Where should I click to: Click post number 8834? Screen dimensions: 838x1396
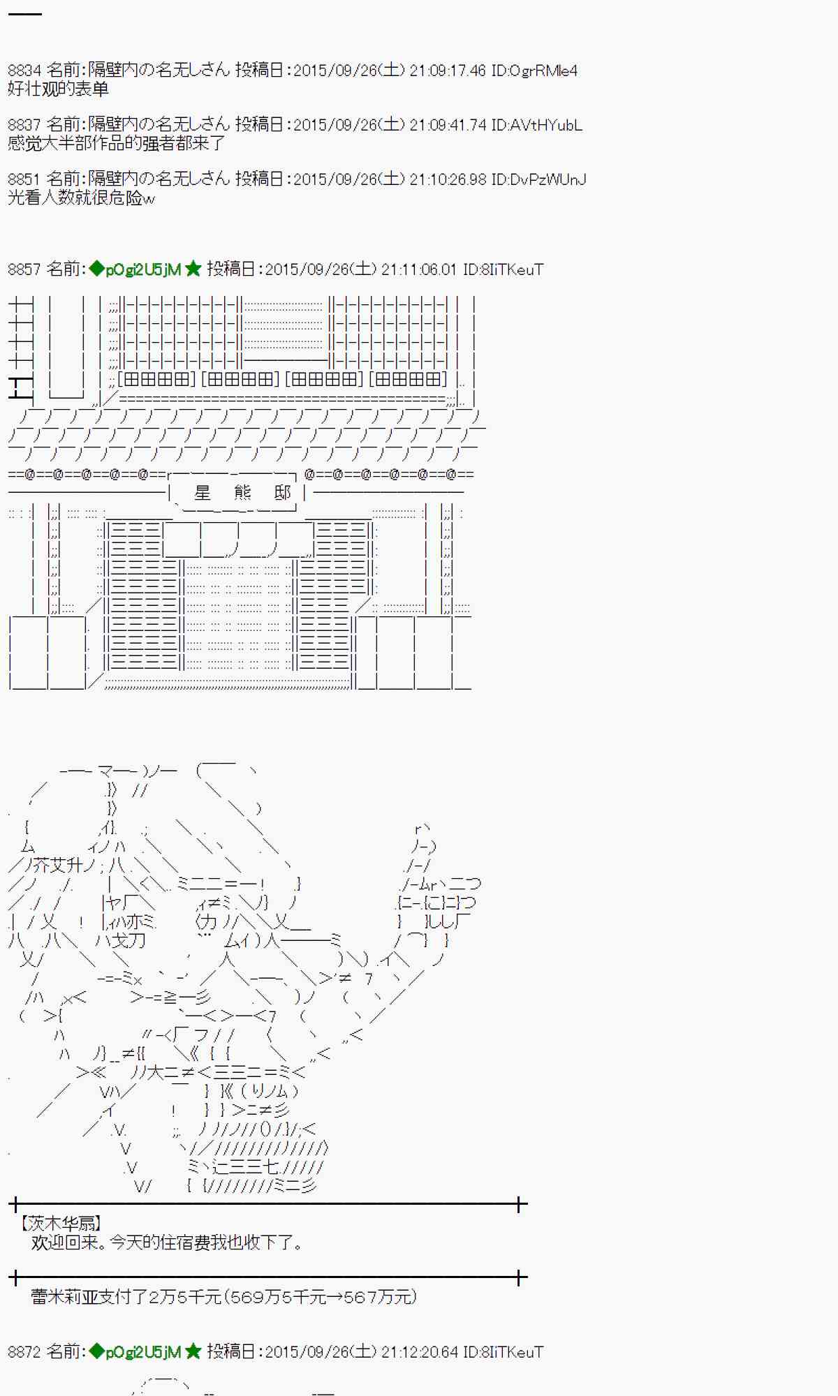click(24, 70)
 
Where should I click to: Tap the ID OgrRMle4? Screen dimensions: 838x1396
click(534, 70)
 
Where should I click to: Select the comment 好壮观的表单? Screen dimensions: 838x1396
click(58, 89)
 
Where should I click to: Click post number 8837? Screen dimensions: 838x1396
click(24, 125)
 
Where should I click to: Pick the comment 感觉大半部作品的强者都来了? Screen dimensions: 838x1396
click(117, 144)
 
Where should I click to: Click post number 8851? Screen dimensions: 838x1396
click(24, 179)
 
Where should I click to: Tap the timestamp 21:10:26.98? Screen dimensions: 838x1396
click(447, 179)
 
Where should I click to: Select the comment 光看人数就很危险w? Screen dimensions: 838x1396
click(81, 198)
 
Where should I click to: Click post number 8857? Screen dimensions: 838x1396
click(24, 269)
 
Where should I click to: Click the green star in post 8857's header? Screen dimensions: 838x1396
click(193, 269)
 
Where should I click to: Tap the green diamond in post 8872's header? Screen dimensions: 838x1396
click(97, 1352)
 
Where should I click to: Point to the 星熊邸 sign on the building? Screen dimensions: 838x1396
click(242, 493)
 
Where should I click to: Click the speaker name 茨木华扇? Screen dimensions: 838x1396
click(61, 1224)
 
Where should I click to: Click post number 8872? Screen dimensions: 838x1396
click(24, 1352)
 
